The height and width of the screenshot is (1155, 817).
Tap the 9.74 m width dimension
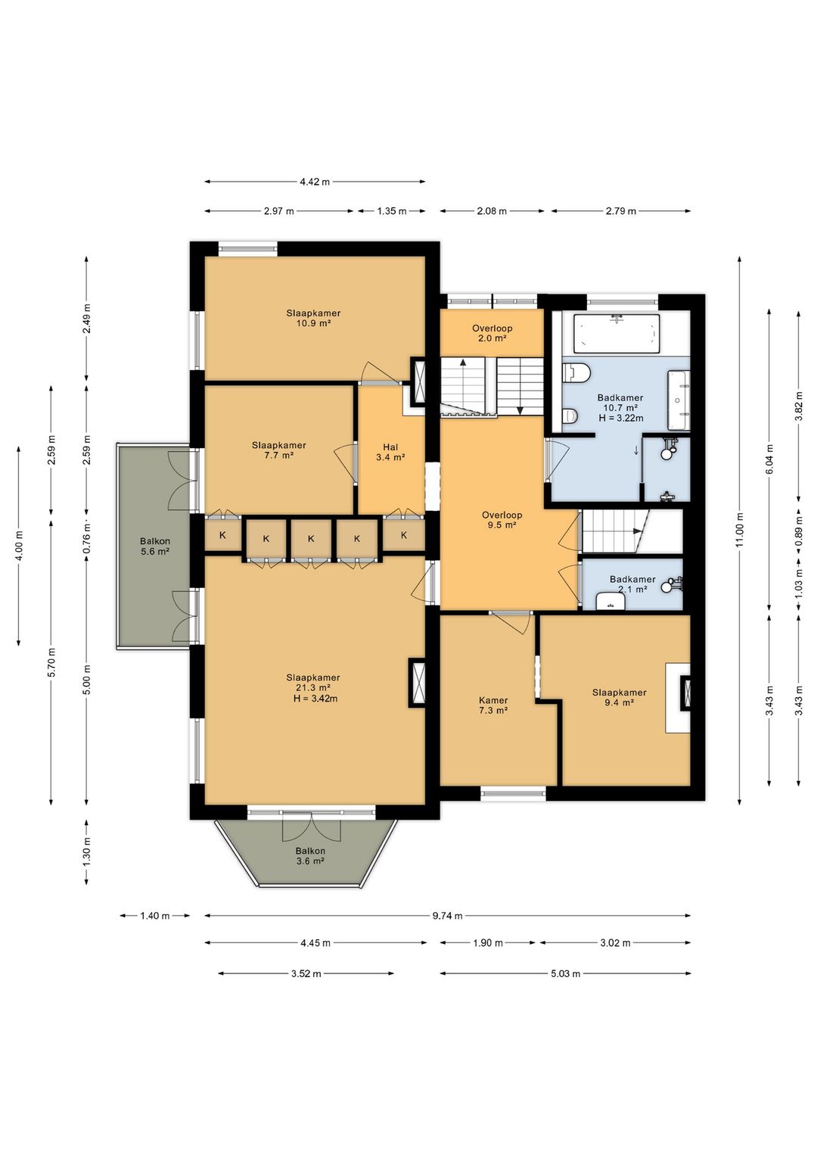coord(447,916)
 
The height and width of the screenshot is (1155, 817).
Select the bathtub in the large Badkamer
coord(617,334)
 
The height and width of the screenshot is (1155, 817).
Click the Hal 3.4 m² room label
coord(390,452)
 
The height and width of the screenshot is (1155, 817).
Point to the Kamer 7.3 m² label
coord(493,705)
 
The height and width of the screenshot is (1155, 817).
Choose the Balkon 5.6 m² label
coord(154,546)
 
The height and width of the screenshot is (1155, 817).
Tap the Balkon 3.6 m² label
coord(310,856)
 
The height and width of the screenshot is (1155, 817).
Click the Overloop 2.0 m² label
coord(492,334)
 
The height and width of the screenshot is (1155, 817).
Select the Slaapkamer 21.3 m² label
coord(313,688)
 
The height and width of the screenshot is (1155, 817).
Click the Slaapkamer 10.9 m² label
coord(313,318)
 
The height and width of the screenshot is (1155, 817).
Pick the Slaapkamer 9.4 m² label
coord(619,697)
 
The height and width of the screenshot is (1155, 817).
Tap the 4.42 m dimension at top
coord(315,182)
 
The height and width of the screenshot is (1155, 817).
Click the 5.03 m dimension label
coord(565,973)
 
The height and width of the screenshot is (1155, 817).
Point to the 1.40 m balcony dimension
coord(154,916)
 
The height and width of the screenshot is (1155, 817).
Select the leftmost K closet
coord(222,535)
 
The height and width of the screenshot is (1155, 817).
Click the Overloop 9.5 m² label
coord(502,520)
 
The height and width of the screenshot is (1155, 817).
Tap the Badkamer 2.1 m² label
coord(632,584)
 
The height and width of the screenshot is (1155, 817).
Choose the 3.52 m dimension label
coord(306,973)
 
